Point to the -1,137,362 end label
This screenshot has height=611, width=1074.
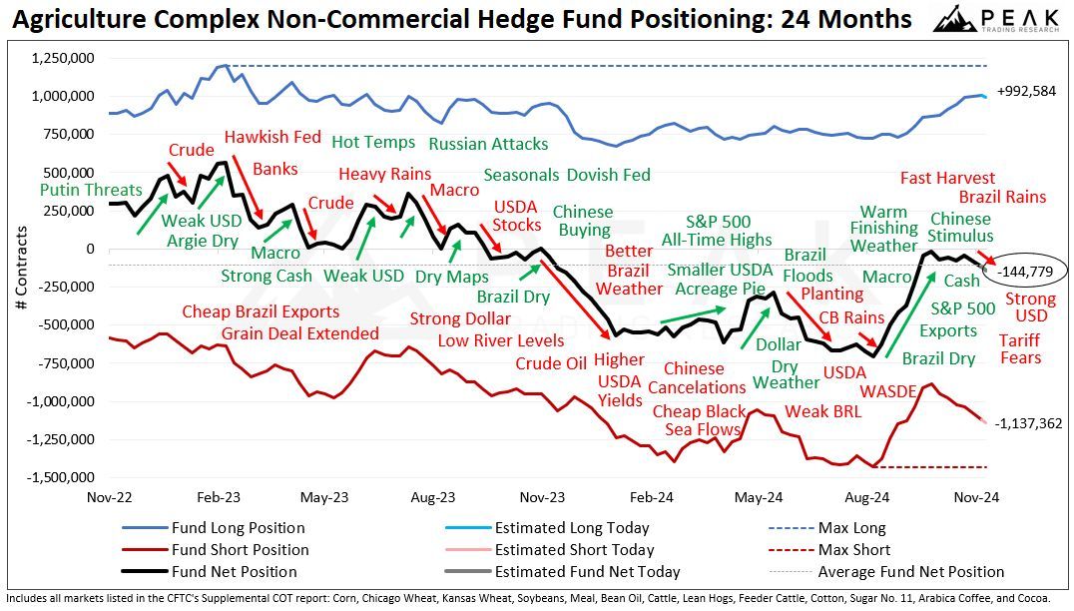coord(1029,423)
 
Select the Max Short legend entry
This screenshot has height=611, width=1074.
coord(853,550)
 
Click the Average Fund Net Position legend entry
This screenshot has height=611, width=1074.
coord(910,572)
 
